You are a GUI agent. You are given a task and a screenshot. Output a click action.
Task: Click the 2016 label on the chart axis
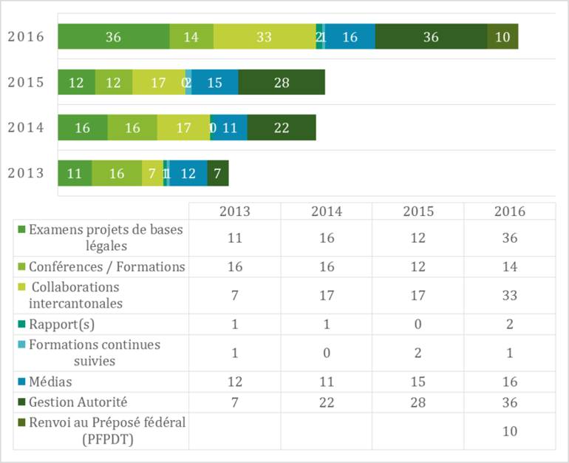point(26,37)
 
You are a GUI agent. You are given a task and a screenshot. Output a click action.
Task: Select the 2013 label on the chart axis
point(26,173)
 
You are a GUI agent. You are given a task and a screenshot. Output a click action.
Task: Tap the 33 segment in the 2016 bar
point(264,37)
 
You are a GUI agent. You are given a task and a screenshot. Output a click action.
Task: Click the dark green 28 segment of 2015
point(282,82)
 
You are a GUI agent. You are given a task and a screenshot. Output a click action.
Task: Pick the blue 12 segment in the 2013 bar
point(188,173)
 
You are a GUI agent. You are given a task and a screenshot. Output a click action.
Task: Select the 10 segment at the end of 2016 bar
point(502,37)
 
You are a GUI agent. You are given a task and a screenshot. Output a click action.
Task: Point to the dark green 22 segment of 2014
point(282,128)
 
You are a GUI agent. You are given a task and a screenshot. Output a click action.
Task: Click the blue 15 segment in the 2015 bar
point(214,82)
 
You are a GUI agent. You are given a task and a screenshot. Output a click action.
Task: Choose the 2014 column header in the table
point(326,211)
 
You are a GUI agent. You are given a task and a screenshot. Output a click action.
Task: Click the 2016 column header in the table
point(509,211)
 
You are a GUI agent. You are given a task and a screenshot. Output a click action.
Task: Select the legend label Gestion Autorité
point(78,402)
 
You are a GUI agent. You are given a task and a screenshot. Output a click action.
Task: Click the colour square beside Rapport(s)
point(21,325)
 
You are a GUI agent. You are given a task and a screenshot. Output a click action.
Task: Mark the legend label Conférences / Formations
point(106,267)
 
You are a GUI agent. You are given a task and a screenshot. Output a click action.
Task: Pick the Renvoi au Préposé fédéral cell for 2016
point(509,431)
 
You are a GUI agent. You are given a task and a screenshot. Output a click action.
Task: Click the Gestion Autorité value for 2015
point(418,403)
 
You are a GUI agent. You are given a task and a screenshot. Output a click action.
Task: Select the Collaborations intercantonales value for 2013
point(234,296)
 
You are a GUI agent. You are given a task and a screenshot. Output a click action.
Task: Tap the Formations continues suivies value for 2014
point(326,354)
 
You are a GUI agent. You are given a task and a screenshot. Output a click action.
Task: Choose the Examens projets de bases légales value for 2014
point(326,238)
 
